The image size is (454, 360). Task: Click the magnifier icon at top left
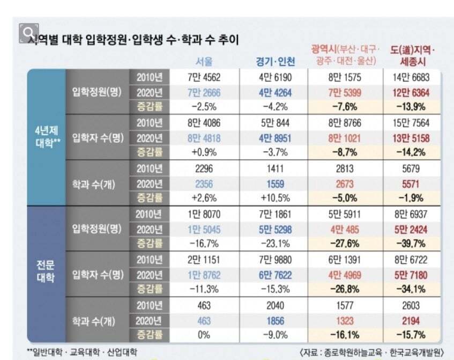28,32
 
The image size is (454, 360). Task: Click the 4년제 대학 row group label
46,137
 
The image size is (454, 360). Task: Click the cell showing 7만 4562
204,77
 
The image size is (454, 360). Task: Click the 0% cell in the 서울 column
204,335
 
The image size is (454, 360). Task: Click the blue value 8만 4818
204,137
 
